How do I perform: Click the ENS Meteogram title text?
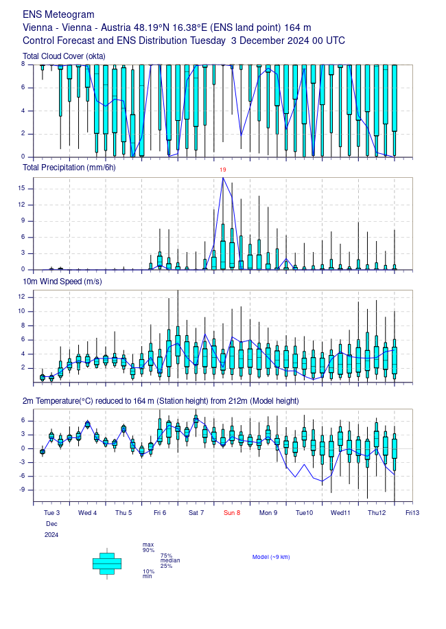(x=58, y=14)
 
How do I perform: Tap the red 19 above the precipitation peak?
(x=223, y=170)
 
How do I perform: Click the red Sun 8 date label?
(x=231, y=512)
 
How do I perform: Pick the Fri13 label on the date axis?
(x=412, y=512)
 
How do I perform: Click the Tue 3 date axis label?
(x=51, y=512)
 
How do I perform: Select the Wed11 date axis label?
(x=340, y=512)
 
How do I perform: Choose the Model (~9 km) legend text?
(x=271, y=557)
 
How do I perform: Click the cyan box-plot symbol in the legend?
(x=106, y=563)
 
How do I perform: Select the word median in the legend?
(x=169, y=560)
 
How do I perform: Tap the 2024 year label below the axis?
(x=51, y=534)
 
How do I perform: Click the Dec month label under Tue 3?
(x=51, y=523)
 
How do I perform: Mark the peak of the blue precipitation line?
(x=223, y=178)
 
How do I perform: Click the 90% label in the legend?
(x=148, y=550)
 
